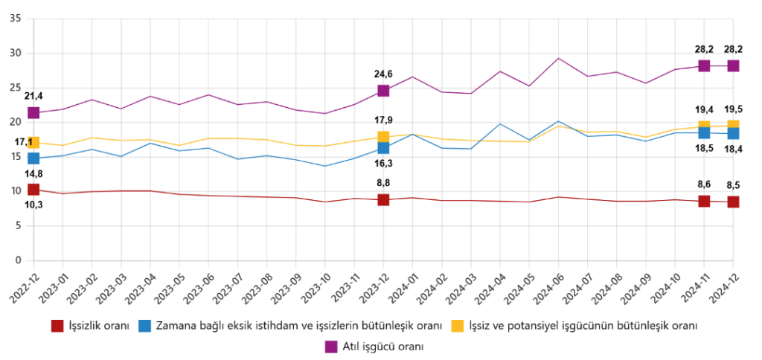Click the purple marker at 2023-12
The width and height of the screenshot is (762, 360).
pos(383,91)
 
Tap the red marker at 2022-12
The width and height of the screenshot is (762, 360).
pos(33,190)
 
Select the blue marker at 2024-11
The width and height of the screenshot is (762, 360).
pos(704,132)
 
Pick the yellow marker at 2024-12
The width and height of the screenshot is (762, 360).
pos(733,126)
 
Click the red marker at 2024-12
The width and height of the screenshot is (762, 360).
pos(733,202)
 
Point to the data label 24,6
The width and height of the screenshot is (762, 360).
pos(384,74)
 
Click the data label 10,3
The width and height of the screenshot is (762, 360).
pos(33,204)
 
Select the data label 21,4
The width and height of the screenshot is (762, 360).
pos(33,96)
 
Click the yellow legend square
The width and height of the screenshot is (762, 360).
pos(460,326)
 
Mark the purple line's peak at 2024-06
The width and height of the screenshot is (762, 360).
pos(558,58)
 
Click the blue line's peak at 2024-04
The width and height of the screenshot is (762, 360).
pos(500,124)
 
